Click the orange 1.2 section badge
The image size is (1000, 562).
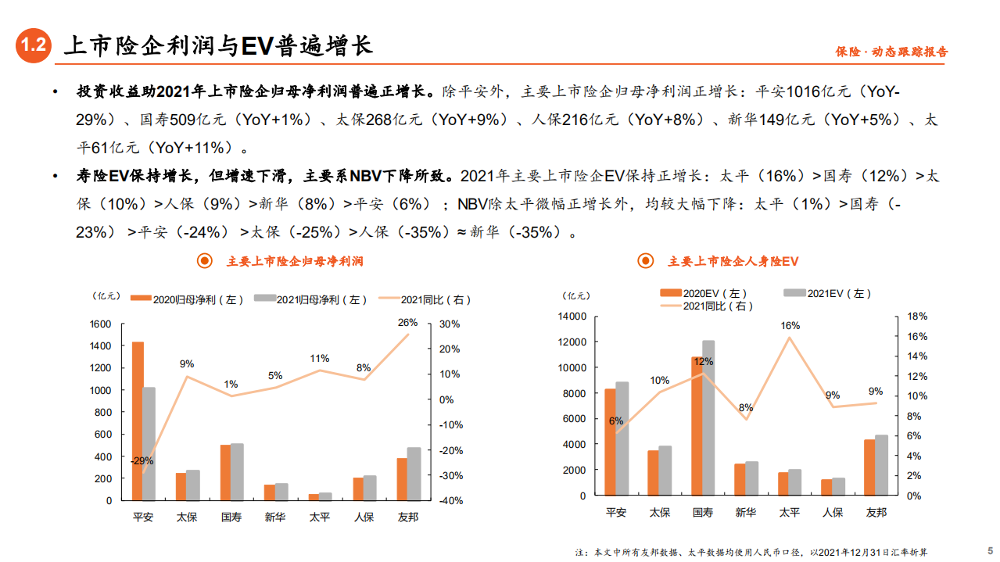(x=34, y=46)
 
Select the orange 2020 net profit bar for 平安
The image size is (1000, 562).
(x=138, y=421)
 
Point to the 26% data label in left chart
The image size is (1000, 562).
(x=407, y=322)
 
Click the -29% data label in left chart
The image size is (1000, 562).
(x=142, y=460)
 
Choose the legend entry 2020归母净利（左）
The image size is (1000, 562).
(x=188, y=299)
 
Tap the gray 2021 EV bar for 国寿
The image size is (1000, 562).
(x=708, y=418)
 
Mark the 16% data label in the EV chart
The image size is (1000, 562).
(x=790, y=325)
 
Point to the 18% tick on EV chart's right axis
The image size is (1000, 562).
(x=917, y=317)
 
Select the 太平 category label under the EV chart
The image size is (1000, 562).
(x=789, y=512)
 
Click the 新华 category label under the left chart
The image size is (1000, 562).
(x=275, y=517)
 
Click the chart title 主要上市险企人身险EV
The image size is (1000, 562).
(x=733, y=261)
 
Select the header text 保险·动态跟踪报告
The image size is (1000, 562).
(x=891, y=52)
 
